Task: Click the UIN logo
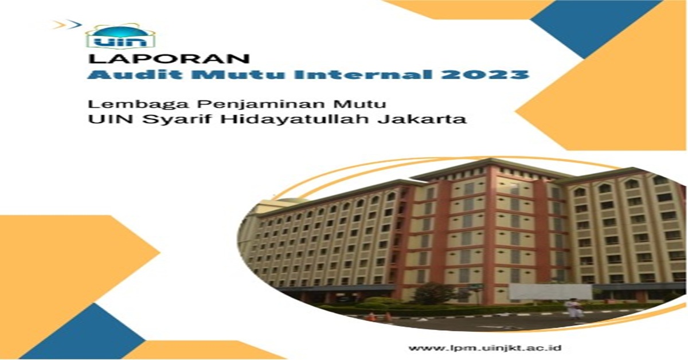pos(120,36)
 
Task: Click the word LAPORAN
pos(169,59)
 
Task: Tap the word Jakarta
pos(422,119)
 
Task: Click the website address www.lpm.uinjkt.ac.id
pos(485,348)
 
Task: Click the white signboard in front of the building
pos(550,292)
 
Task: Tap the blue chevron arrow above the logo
pos(75,24)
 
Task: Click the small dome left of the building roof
pos(286,202)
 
